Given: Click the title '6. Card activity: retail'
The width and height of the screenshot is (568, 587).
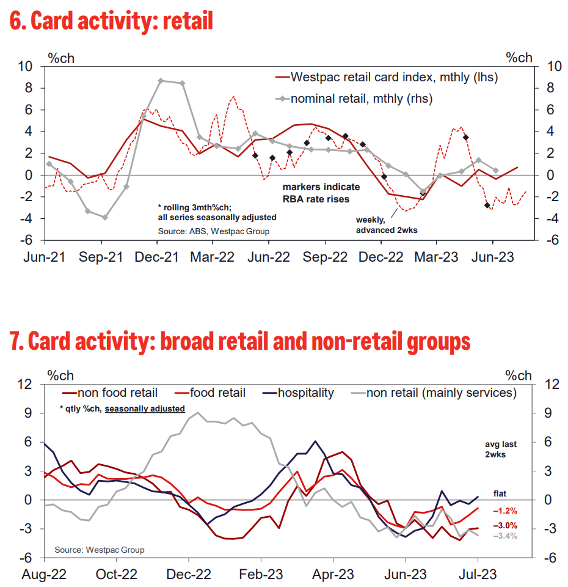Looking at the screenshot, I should [112, 22].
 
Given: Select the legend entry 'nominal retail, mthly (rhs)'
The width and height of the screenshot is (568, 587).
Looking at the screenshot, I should [361, 98].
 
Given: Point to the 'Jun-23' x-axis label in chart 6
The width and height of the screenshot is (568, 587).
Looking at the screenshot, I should [492, 258].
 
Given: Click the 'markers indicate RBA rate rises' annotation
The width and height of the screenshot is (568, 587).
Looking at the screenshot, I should [321, 193].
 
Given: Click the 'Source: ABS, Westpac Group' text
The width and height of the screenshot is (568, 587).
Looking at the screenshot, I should [213, 231].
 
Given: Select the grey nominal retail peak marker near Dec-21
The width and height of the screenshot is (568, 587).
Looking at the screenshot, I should [161, 81].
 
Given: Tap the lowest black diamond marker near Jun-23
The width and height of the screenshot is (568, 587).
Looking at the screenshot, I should [487, 205].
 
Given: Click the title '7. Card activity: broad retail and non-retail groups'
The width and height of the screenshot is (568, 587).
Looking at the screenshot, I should [240, 341].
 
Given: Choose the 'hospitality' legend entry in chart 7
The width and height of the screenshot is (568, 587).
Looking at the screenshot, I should [305, 393].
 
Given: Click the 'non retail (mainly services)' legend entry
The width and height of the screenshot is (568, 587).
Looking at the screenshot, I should [441, 393].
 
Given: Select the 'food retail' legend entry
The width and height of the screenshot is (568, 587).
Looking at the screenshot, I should [217, 393].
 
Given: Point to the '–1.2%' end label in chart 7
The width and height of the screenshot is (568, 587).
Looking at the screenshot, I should [505, 510].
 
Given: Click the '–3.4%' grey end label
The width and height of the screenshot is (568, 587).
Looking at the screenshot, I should [505, 536].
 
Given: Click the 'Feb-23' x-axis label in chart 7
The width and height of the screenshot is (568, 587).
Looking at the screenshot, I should [261, 575].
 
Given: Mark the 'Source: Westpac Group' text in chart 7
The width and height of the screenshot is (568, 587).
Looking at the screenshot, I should [100, 550].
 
